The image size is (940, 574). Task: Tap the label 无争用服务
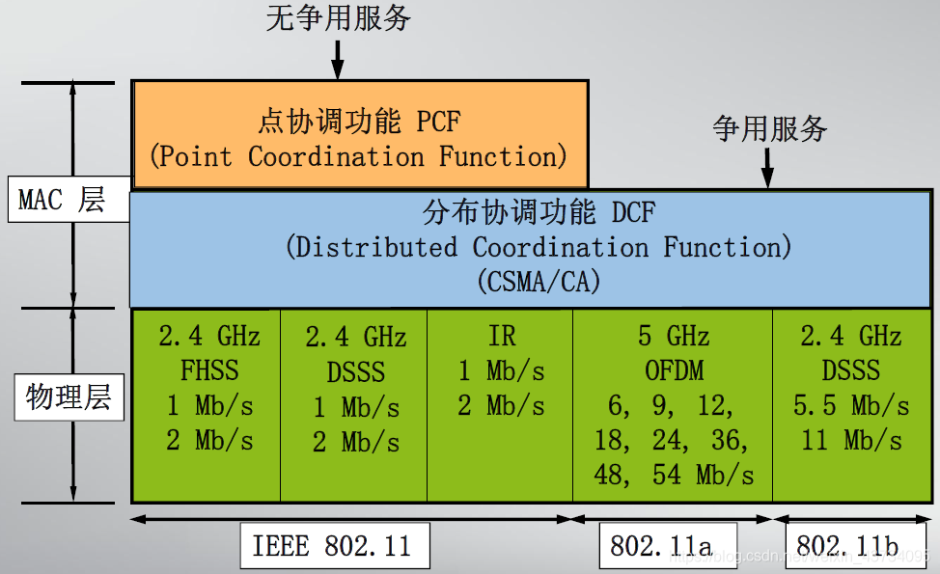(338, 17)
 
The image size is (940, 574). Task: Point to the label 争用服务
(769, 128)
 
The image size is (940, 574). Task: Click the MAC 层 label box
(62, 200)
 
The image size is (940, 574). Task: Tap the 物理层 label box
(69, 396)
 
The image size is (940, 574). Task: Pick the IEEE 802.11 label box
(332, 546)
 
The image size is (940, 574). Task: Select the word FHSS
(208, 370)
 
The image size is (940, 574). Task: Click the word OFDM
(674, 370)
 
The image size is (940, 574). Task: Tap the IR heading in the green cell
(501, 336)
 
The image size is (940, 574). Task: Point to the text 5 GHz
(674, 336)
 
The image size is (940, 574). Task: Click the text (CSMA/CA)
(539, 281)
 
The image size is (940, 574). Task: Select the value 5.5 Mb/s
(851, 405)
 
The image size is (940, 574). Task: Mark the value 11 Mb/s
(851, 441)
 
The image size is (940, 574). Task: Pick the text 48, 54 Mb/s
(674, 476)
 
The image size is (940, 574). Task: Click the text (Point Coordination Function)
(358, 156)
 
